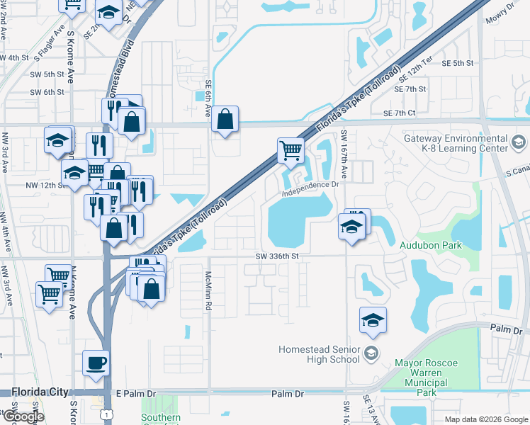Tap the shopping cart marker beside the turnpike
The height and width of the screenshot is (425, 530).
[x=291, y=151]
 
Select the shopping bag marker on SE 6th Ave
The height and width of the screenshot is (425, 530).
[x=225, y=120]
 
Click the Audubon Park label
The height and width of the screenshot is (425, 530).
[x=431, y=245]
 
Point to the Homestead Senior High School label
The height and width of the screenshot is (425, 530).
[x=319, y=354]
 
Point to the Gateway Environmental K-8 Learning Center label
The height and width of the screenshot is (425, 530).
[x=466, y=144]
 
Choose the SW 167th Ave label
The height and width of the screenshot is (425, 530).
[x=344, y=154]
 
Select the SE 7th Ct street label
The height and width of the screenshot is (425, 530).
[x=398, y=113]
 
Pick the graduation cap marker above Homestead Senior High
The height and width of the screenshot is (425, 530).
[x=373, y=321]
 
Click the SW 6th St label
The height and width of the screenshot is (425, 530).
[x=47, y=92]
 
